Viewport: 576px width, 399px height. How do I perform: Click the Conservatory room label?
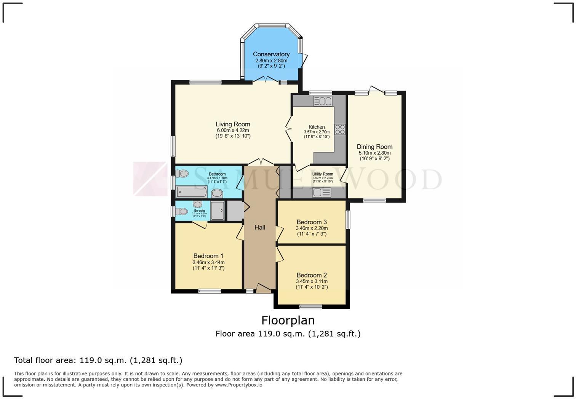pos(271,54)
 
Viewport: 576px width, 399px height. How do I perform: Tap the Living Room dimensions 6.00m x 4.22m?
pos(233,130)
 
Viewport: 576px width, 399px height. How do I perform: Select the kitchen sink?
pos(323,101)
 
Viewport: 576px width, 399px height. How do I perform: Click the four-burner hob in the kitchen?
pos(340,129)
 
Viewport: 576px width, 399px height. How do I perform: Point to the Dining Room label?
pos(374,147)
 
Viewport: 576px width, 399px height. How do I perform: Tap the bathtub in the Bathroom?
pos(192,192)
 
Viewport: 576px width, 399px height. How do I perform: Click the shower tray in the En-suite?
pos(218,211)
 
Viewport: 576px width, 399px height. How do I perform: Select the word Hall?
pos(260,227)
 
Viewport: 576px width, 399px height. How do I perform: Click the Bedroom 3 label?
pos(312,222)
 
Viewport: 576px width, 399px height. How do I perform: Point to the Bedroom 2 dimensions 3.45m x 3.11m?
pos(312,281)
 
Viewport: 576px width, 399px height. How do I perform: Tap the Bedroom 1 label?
pos(208,256)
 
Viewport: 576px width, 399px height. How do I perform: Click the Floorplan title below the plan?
pos(288,320)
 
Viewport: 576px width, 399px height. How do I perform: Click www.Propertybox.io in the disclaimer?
pos(238,385)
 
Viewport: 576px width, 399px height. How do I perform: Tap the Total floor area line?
pos(98,360)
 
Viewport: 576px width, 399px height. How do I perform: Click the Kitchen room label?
pos(317,127)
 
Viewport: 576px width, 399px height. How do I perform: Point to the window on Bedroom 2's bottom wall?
pos(310,306)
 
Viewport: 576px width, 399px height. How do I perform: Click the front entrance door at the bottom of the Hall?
pos(263,289)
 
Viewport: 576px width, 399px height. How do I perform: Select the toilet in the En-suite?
pos(182,211)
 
